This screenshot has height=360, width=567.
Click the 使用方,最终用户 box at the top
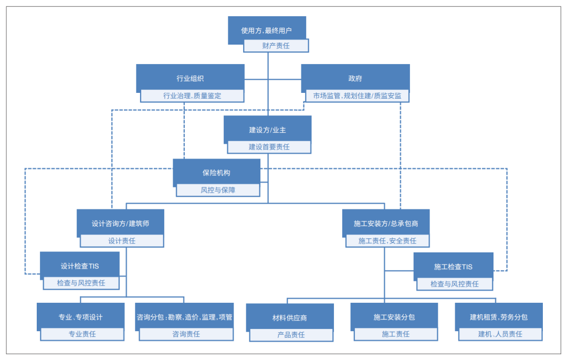267,30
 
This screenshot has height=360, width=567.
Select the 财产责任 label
276,46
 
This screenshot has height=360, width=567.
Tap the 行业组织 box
190,78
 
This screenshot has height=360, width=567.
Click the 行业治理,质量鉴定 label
192,96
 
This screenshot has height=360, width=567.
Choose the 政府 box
355,78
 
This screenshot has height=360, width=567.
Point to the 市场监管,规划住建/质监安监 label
357,96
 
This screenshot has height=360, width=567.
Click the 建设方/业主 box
267,129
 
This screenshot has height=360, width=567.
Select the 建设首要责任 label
269,147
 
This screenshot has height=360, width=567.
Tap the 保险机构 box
216,172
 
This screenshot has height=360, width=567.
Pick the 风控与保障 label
218,190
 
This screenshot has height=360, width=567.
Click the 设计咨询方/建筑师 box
120,223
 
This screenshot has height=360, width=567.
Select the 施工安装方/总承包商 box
386,223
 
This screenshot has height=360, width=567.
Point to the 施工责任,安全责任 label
387,241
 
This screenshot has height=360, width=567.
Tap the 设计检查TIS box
80,266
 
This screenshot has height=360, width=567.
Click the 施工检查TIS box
453,266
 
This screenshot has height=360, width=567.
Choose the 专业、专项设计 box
80,316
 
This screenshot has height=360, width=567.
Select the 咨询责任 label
186,334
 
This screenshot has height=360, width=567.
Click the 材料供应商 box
290,317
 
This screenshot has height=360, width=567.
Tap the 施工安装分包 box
394,316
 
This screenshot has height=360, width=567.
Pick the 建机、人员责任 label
500,334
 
